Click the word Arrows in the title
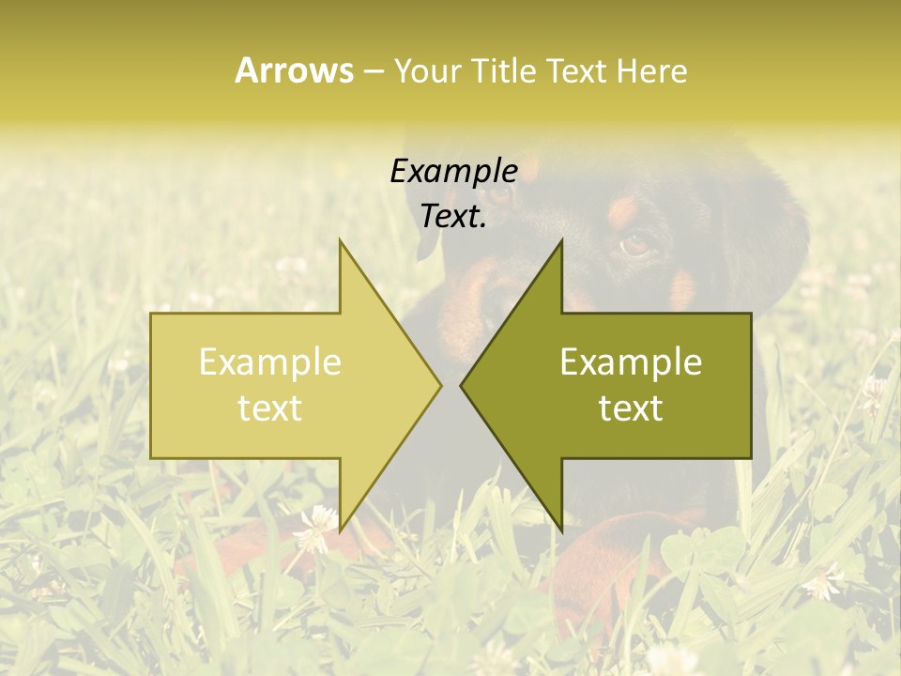coord(294,70)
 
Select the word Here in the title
coord(653,70)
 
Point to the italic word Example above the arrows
coord(453,171)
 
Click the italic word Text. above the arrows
coord(453,216)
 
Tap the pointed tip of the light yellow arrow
coord(440,385)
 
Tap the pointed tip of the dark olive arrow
coord(462,385)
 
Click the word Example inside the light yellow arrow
coord(270,362)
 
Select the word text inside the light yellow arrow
coord(270,407)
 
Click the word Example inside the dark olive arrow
coord(631,362)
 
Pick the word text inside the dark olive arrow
coord(631,407)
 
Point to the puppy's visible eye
coord(635,245)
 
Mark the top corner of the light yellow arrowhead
coord(340,240)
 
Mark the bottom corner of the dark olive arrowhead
coord(561,530)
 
